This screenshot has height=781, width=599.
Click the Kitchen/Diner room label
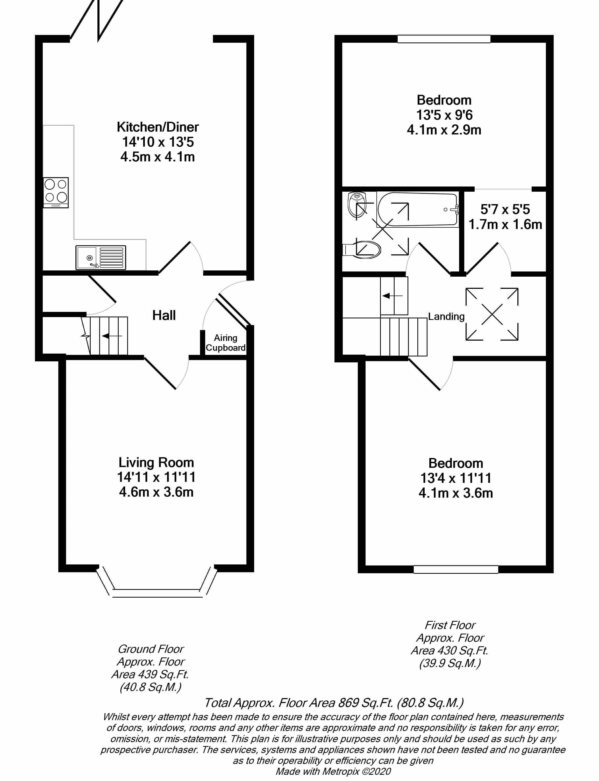pyautogui.click(x=158, y=127)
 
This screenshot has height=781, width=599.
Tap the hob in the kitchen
pyautogui.click(x=56, y=192)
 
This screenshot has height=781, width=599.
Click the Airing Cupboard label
pyautogui.click(x=225, y=343)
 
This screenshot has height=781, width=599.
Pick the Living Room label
pyautogui.click(x=156, y=463)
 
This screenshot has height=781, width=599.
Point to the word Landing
pyautogui.click(x=446, y=317)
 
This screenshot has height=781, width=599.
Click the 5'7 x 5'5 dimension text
pyautogui.click(x=505, y=209)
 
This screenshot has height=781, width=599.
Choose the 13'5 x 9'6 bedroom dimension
pyautogui.click(x=444, y=115)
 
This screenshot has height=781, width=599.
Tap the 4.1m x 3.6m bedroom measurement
pyautogui.click(x=456, y=493)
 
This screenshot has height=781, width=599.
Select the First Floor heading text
pyautogui.click(x=450, y=625)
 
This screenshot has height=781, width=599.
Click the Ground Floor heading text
pyautogui.click(x=151, y=649)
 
